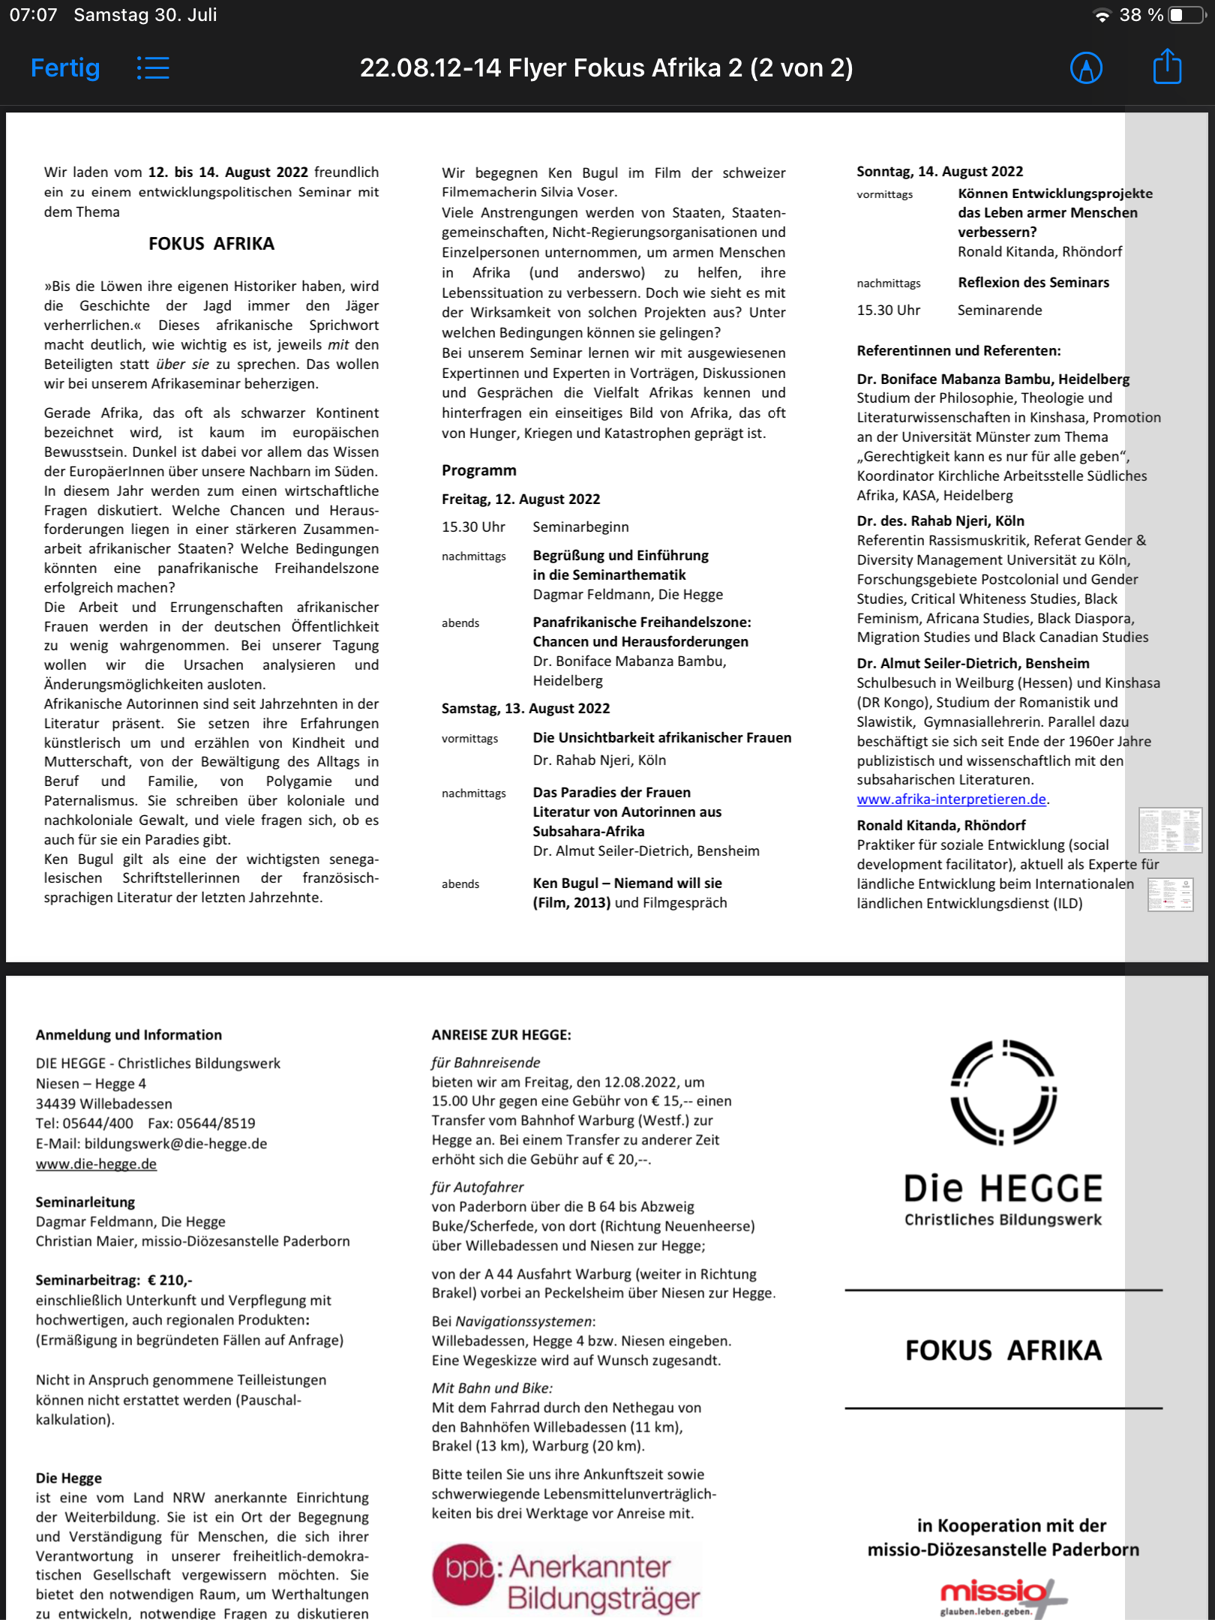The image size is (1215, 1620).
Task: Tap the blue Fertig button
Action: point(65,68)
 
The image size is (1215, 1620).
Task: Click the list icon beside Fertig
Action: point(153,68)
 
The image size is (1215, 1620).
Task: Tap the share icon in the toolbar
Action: point(1166,67)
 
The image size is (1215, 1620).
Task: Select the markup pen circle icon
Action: point(1085,68)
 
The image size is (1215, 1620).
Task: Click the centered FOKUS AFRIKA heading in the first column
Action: point(211,244)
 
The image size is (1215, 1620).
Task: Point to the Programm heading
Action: point(478,470)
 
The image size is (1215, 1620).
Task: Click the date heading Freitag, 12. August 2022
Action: point(520,499)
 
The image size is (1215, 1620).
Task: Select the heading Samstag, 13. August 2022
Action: point(525,708)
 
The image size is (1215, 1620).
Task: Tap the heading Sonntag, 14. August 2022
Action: point(940,171)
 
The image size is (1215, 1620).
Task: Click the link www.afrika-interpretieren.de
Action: point(951,799)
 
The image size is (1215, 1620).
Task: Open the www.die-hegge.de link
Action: point(96,1163)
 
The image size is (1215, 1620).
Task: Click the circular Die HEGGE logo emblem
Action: point(1003,1092)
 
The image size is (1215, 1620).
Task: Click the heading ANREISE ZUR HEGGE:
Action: point(501,1035)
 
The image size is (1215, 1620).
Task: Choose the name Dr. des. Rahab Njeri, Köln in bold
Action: point(940,520)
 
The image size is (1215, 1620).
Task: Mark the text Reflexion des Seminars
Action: point(1033,282)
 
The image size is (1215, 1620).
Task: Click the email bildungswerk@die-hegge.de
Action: point(175,1143)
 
